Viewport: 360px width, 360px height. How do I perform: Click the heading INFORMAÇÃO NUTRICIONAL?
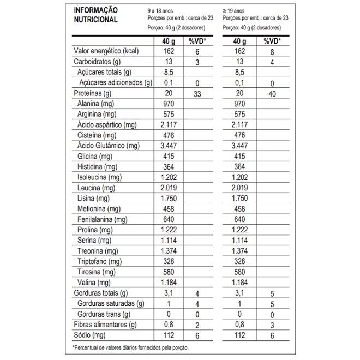point(96,15)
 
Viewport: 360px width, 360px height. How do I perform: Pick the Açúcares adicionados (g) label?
point(115,83)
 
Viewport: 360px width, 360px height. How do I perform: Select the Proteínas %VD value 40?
point(271,94)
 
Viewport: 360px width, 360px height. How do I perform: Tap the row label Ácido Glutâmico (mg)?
point(108,146)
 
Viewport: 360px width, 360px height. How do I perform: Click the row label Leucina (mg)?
point(96,188)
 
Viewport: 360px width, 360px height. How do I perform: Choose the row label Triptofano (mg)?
point(99,261)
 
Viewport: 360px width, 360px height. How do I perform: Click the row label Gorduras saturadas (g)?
point(111,303)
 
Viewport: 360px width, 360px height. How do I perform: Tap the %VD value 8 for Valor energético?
point(271,52)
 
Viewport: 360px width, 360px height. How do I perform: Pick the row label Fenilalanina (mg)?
point(102,219)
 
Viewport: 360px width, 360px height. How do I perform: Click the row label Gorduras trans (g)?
point(104,314)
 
